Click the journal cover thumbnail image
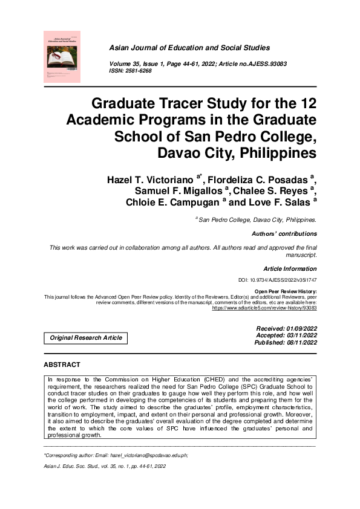tap(62, 57)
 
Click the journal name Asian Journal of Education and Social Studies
tap(189, 47)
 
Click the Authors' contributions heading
tap(284, 233)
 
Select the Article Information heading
tap(290, 268)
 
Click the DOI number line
tap(278, 281)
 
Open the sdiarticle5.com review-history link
tap(264, 308)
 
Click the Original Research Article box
tap(85, 338)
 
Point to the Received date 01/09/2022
tap(286, 328)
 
